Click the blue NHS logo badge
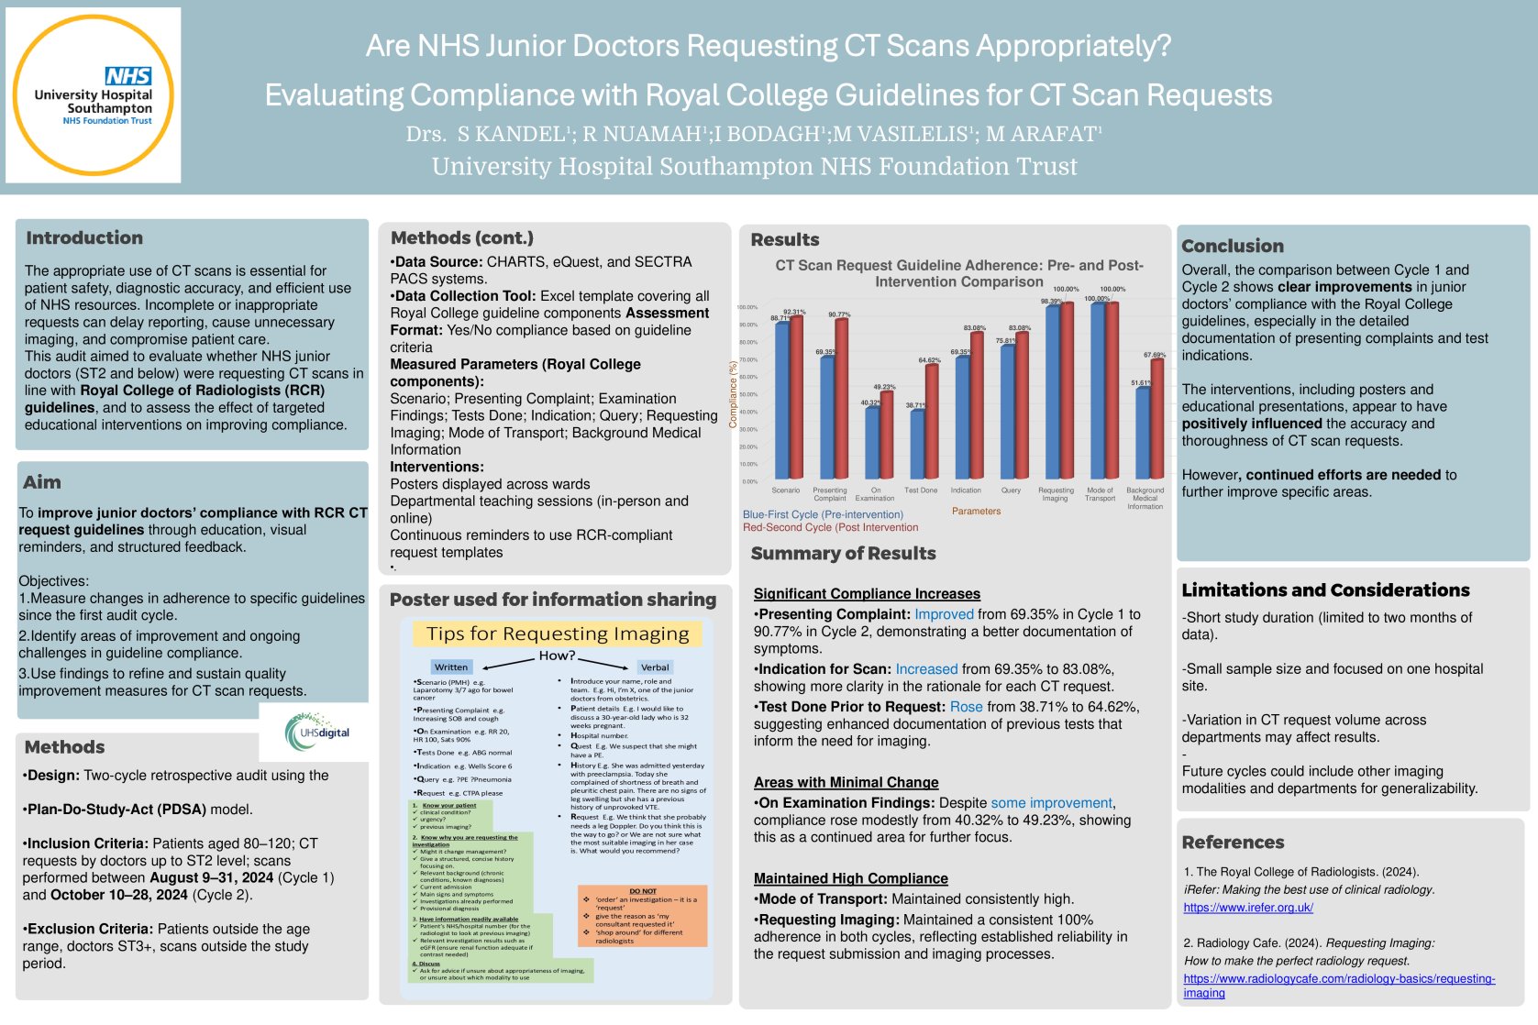tap(128, 77)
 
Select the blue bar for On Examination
tap(872, 442)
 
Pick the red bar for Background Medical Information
tap(1156, 418)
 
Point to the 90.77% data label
tap(838, 314)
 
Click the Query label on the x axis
tap(1011, 490)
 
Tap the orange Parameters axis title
tap(976, 512)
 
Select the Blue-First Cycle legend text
tap(823, 514)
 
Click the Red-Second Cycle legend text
tap(830, 527)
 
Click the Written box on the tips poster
tap(451, 667)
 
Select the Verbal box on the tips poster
tap(655, 667)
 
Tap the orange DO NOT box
tap(642, 915)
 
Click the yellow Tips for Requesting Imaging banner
tap(558, 634)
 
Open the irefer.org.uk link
tap(1247, 908)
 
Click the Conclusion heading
tap(1232, 246)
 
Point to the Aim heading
tap(42, 482)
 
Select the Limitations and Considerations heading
tap(1324, 590)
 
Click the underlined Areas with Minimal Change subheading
tap(846, 782)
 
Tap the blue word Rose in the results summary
tap(966, 707)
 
